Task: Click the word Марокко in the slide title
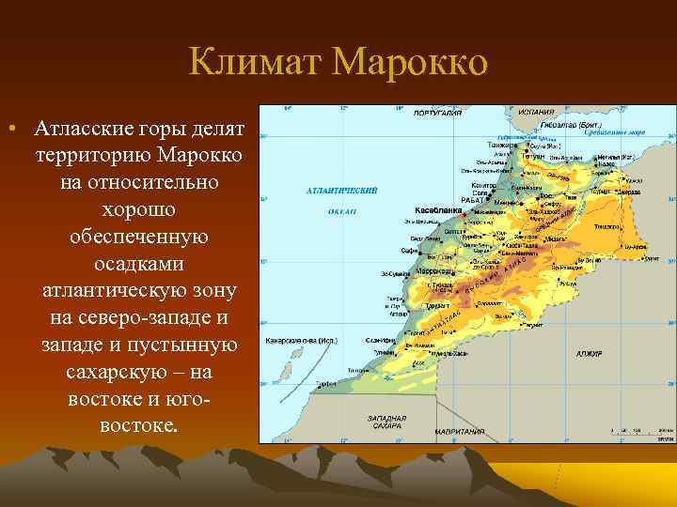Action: [x=410, y=63]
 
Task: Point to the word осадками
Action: [x=138, y=263]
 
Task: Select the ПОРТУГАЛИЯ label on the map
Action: [x=438, y=112]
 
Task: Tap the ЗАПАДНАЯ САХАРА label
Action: [x=387, y=422]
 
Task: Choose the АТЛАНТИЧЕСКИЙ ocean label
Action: [x=341, y=191]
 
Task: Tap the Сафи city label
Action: [x=407, y=252]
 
